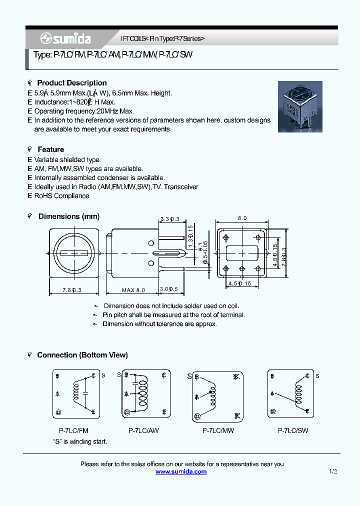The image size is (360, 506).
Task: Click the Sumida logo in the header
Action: click(x=65, y=39)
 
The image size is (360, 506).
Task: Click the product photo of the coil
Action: click(x=300, y=106)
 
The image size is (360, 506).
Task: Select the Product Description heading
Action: click(x=72, y=83)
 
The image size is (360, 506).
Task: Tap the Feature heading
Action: click(x=50, y=149)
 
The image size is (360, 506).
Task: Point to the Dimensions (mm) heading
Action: click(x=68, y=216)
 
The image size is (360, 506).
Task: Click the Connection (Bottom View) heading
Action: click(x=82, y=355)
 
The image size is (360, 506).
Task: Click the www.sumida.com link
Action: click(x=181, y=471)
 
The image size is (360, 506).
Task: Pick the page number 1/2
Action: click(x=333, y=471)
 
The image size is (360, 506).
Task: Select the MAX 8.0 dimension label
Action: click(x=133, y=290)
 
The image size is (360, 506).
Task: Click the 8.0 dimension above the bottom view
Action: click(x=242, y=218)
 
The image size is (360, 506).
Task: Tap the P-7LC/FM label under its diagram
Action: click(x=73, y=430)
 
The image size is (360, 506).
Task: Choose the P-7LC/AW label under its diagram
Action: click(x=143, y=430)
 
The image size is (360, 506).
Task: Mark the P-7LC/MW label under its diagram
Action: click(x=218, y=430)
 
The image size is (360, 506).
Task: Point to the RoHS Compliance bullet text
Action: click(x=61, y=196)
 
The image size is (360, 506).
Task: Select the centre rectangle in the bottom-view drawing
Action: click(x=242, y=253)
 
